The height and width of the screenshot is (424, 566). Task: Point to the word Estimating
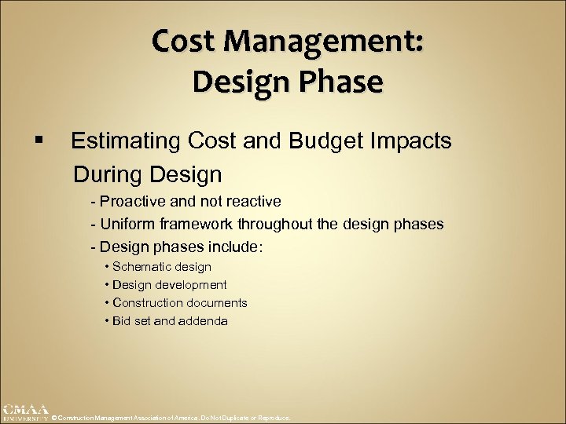click(x=125, y=141)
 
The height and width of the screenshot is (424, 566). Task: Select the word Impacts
click(x=416, y=141)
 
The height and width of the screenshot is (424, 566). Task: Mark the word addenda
click(x=204, y=321)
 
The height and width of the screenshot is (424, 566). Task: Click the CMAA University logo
click(x=24, y=412)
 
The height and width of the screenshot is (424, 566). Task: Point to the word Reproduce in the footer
click(x=273, y=419)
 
